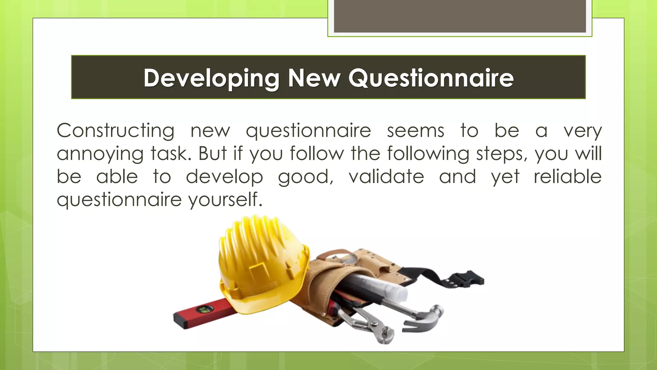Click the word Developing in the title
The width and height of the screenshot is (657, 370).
[211, 78]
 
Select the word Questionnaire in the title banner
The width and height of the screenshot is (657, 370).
[431, 78]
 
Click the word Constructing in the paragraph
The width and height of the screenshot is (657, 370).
[115, 131]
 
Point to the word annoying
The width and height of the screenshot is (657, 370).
[100, 154]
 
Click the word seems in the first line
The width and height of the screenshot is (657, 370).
[415, 131]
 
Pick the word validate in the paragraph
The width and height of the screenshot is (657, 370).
[386, 177]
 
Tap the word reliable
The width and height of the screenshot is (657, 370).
[567, 177]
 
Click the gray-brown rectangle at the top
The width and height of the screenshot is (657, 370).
[460, 16]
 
